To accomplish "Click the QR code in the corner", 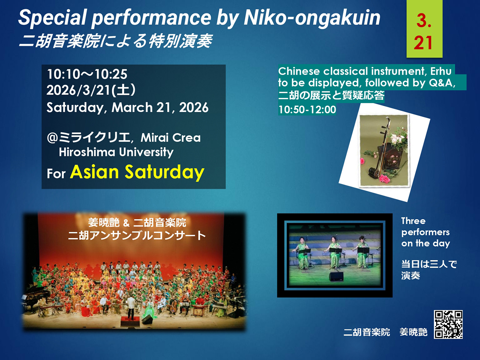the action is (448, 324).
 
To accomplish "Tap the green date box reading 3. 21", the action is (424, 28).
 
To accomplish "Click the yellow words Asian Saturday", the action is (137, 172).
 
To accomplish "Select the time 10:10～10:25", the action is (87, 74).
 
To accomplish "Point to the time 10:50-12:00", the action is (307, 109).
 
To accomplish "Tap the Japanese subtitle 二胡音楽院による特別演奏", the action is (115, 41).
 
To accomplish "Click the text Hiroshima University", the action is (116, 152).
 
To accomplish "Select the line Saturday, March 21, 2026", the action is (127, 108).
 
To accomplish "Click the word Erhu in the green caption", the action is (441, 71).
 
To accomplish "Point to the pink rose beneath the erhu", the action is (384, 179).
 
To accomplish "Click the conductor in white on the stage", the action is (131, 307).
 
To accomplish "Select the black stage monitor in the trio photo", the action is (336, 276).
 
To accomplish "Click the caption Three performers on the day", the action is (426, 232).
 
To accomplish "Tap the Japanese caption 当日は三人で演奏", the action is (429, 270).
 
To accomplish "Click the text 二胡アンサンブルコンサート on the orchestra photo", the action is (137, 235).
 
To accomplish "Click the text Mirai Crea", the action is (171, 138).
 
